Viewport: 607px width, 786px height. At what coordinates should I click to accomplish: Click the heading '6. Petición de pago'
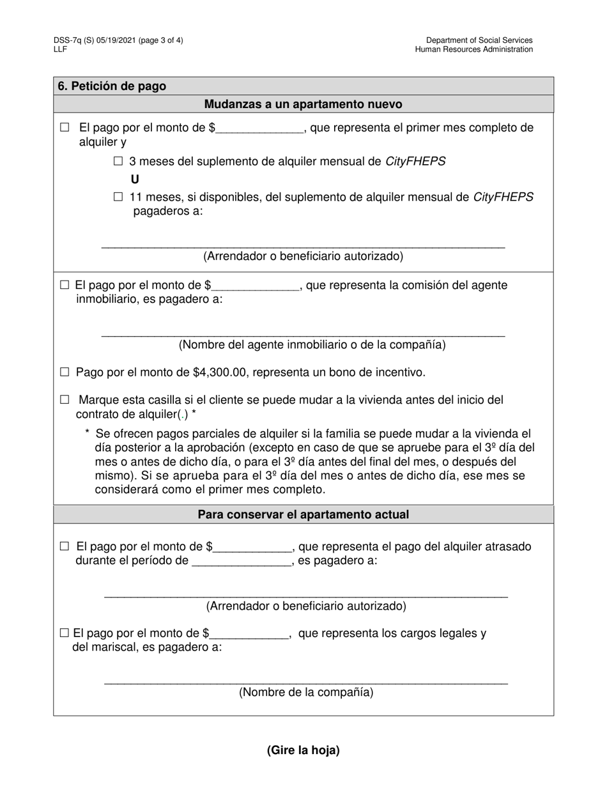point(112,86)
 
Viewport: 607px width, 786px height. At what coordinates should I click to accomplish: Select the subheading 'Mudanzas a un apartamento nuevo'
point(303,104)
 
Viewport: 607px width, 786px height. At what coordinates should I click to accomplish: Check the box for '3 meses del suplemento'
point(118,162)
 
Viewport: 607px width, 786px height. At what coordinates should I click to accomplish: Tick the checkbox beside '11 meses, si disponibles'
point(118,197)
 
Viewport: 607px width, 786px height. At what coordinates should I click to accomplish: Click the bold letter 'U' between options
point(135,180)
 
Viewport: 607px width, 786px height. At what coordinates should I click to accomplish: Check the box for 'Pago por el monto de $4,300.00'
point(65,372)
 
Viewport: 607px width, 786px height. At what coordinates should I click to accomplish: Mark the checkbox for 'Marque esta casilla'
point(65,400)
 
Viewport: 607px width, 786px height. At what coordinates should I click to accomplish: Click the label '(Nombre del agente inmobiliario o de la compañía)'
point(312,345)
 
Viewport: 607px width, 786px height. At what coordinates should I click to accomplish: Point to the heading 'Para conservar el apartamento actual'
point(303,514)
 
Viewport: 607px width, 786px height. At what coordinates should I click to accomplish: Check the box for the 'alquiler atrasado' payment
point(65,546)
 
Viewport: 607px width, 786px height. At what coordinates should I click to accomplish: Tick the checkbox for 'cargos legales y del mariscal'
point(64,633)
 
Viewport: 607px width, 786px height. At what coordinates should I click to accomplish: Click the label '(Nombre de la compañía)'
point(306,692)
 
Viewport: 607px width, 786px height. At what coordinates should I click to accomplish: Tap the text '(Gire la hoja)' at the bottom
point(303,750)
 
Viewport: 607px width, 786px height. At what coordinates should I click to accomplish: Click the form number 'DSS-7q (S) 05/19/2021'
point(95,40)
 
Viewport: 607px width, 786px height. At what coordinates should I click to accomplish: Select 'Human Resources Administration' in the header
point(473,49)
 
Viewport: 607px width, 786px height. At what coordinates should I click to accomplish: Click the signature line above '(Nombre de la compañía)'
point(305,682)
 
